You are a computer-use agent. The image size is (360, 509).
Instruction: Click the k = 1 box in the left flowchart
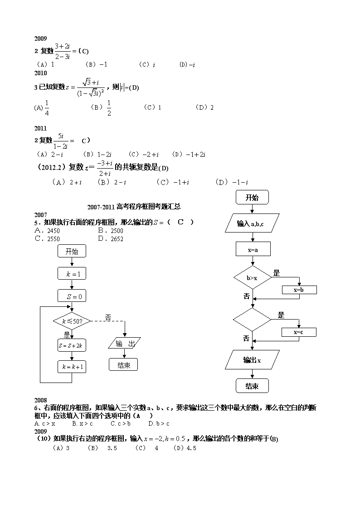[72, 274]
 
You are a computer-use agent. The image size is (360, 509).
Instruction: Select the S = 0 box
[72, 296]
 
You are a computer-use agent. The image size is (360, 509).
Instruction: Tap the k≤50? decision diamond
[72, 321]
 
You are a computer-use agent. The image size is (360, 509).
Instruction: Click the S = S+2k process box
[72, 345]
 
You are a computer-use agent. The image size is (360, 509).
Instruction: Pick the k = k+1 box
[72, 367]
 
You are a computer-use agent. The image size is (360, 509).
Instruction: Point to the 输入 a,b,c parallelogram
[252, 223]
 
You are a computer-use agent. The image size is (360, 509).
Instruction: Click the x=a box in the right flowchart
[253, 249]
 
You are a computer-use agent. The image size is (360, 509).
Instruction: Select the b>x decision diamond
[252, 277]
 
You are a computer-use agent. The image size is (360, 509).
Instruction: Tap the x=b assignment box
[299, 290]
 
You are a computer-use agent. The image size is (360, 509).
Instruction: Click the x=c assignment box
[299, 332]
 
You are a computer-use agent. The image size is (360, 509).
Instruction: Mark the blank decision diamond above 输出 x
[252, 320]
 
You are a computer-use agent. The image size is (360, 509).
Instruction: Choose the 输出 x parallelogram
[252, 360]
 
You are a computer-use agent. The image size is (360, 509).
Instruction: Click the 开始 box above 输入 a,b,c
[252, 197]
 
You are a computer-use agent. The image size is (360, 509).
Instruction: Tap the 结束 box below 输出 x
[252, 386]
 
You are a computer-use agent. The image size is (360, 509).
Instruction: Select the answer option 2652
[111, 239]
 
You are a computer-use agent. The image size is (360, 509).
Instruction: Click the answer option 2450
[47, 231]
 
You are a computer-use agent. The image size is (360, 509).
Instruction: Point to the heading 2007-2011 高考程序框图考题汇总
[134, 207]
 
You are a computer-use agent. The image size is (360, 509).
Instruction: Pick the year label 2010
[40, 73]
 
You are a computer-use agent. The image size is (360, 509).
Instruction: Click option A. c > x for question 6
[45, 424]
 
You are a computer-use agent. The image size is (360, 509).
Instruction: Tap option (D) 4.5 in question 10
[185, 448]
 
